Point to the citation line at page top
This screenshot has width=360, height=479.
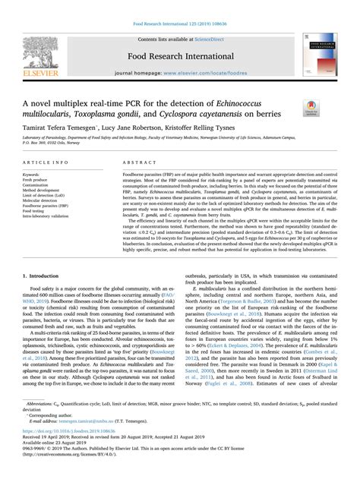click(179, 6)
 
